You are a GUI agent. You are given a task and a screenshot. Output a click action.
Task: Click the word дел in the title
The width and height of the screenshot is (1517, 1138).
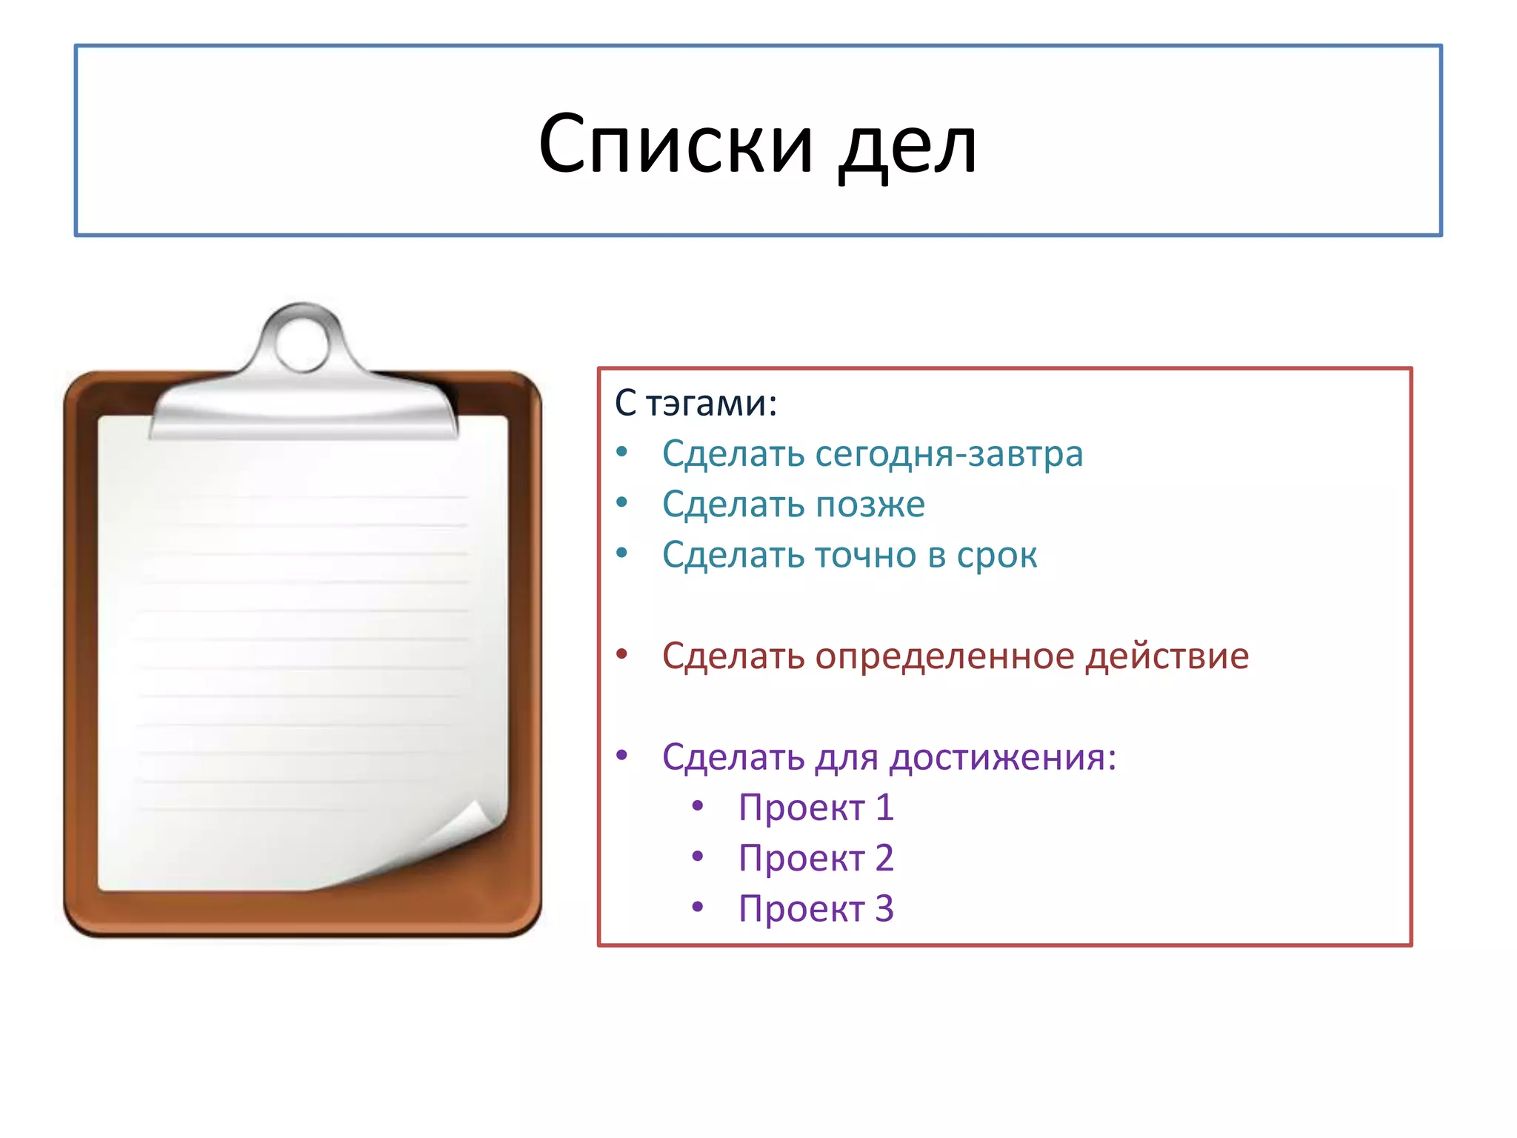tap(907, 147)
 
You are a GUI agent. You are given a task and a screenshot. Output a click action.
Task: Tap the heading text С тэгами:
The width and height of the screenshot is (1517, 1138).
tap(696, 404)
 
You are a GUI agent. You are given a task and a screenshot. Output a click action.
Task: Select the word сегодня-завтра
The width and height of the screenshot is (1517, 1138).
tap(949, 453)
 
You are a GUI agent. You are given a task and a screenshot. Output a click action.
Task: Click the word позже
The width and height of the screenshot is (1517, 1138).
tap(870, 505)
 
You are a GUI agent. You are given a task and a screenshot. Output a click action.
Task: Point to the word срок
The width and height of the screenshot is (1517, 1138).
tap(996, 555)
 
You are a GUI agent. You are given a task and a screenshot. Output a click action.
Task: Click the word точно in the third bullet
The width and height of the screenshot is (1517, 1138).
tap(864, 555)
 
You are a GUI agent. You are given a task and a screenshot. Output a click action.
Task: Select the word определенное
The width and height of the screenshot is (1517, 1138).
tap(944, 656)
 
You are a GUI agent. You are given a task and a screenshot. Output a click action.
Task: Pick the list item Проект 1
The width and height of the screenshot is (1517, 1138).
tap(816, 808)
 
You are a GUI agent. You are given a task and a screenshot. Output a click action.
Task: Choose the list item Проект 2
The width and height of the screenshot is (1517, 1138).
tap(816, 858)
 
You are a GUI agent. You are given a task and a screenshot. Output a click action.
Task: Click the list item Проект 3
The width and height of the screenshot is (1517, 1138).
tap(816, 908)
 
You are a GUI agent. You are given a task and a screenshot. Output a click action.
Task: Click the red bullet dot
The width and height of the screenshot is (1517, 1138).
tap(622, 653)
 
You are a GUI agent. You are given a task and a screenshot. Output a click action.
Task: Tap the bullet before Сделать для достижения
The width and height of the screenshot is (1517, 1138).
tap(622, 755)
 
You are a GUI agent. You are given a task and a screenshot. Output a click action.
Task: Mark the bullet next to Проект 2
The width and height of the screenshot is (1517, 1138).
tap(697, 856)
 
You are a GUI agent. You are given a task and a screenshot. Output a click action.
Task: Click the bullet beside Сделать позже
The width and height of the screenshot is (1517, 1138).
tap(622, 502)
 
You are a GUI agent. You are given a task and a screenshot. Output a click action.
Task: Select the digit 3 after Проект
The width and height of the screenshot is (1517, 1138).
tap(884, 908)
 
